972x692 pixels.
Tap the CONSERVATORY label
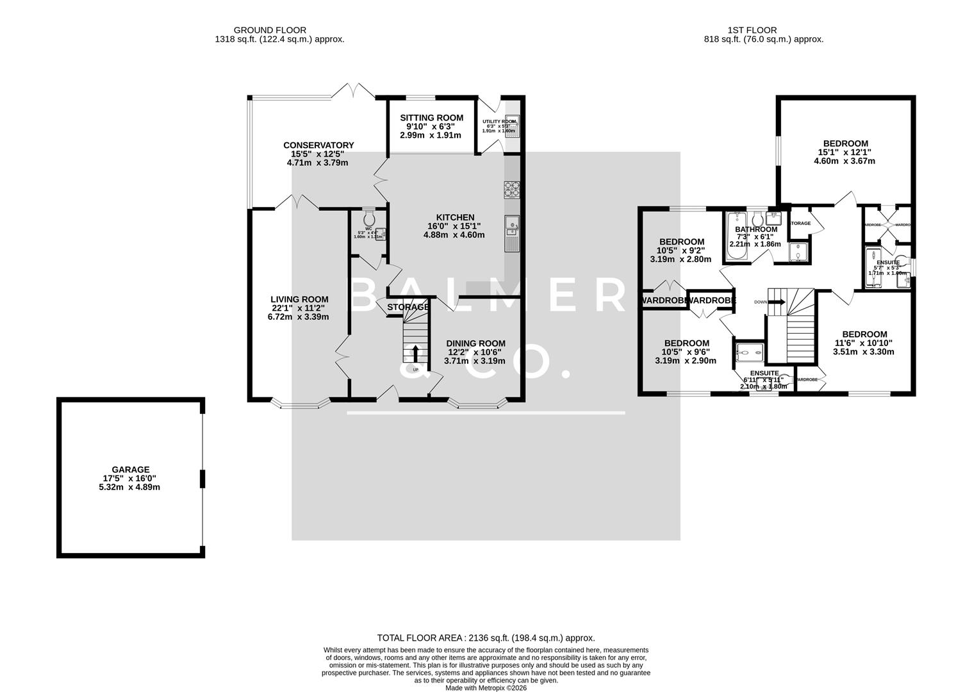318,145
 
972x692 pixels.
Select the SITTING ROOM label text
431,118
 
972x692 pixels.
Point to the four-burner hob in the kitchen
513,188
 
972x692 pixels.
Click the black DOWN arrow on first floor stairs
777,302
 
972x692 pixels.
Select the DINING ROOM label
475,343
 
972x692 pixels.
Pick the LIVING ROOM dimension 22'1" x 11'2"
299,308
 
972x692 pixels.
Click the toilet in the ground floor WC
368,217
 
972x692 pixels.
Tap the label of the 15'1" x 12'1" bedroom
845,144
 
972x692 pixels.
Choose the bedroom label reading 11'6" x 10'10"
864,343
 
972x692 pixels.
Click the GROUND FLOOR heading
270,30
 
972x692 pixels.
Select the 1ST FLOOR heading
752,30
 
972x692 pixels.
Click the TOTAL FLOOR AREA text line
486,638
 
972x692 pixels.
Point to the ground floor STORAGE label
408,307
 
